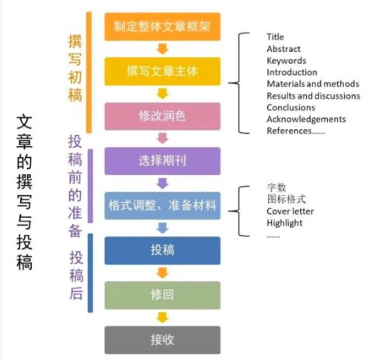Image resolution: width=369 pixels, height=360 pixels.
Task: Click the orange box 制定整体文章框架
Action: click(162, 26)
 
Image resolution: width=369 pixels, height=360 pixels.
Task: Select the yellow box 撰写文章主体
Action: click(162, 72)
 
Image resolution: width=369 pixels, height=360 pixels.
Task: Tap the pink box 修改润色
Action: click(162, 116)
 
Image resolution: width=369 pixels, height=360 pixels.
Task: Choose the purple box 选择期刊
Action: click(162, 161)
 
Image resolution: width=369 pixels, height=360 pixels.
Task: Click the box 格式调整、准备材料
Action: click(162, 206)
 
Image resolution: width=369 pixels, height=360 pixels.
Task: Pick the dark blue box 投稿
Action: click(162, 250)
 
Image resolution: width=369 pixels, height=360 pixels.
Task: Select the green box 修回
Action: click(162, 295)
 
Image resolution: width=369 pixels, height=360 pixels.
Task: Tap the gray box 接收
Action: click(162, 340)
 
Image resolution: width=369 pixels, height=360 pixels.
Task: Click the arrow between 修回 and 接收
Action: click(162, 318)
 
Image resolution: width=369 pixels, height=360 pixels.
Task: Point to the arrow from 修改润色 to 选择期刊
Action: click(162, 138)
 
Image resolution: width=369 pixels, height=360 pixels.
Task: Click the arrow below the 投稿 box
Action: click(162, 273)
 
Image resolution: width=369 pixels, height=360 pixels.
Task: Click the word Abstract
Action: click(284, 49)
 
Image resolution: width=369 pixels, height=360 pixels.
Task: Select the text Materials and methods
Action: click(313, 84)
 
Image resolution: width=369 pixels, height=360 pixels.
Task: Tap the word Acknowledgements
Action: click(306, 119)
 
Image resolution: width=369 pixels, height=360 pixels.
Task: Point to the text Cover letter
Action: click(290, 211)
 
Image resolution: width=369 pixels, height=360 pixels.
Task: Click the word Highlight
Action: click(284, 223)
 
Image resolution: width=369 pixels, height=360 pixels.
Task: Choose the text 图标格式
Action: click(287, 199)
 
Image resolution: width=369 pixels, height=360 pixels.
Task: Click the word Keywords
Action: click(287, 61)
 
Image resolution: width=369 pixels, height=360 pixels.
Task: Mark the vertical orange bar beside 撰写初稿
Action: click(89, 72)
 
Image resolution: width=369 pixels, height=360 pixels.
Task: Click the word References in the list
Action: click(289, 131)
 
